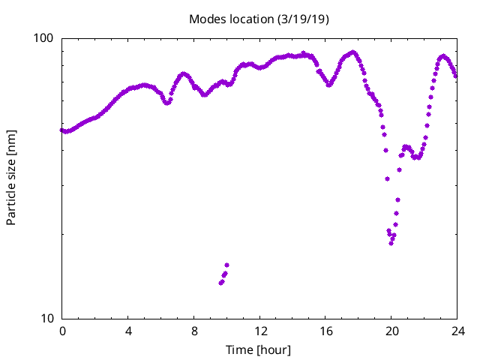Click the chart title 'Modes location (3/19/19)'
(259, 19)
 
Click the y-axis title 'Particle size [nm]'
(11, 178)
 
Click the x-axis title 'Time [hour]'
(259, 349)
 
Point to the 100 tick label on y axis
(46, 38)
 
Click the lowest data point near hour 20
(391, 243)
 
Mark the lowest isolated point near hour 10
(221, 283)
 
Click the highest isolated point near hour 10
(226, 265)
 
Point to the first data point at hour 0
(62, 130)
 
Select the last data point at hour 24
(456, 76)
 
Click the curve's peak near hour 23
(443, 56)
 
